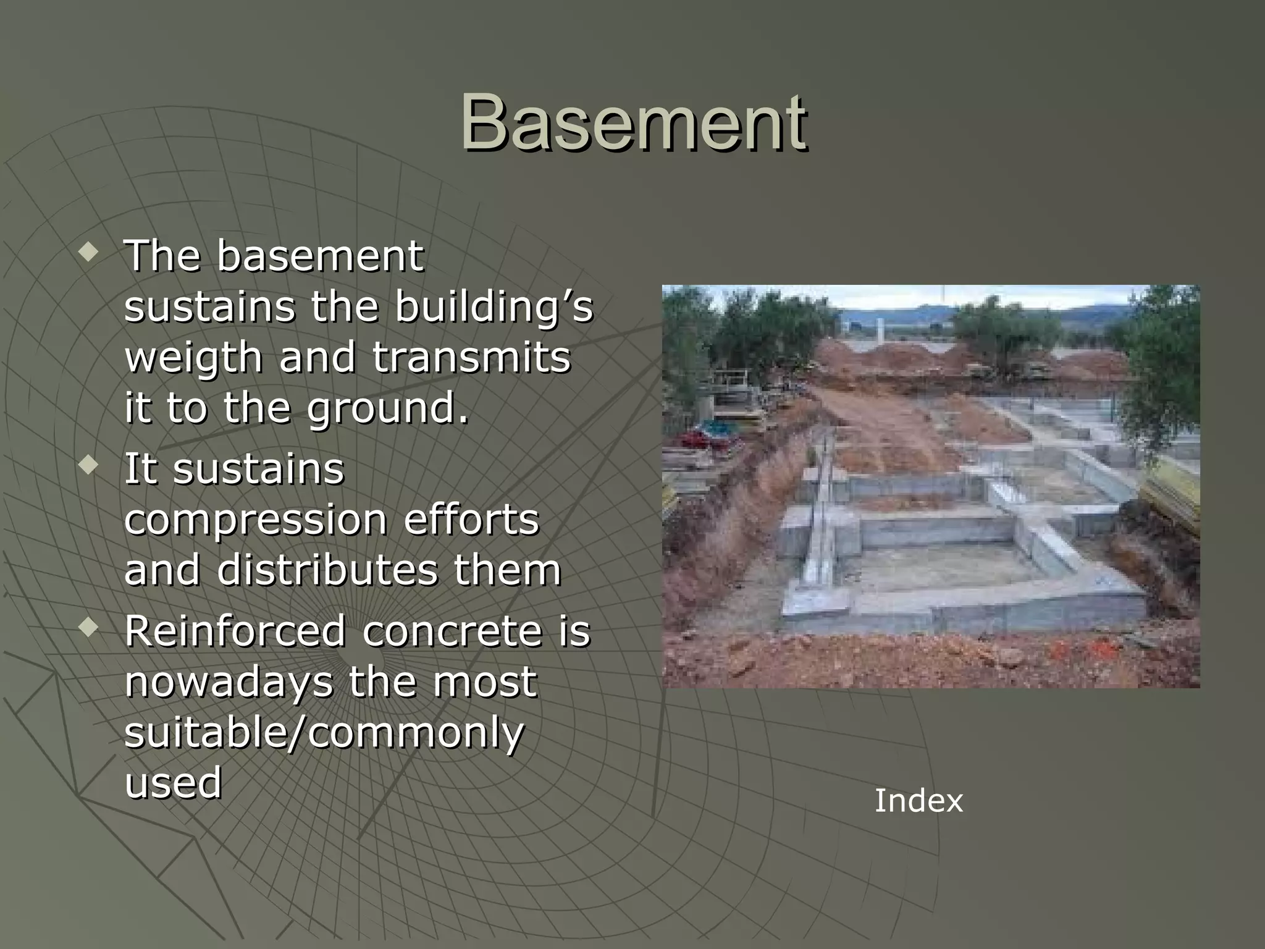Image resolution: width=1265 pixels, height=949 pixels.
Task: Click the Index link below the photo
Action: point(918,801)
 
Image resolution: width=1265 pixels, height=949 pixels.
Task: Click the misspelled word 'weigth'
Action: point(193,358)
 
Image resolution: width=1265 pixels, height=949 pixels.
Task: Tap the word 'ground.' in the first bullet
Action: point(388,409)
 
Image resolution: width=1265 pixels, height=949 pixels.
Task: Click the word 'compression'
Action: point(255,520)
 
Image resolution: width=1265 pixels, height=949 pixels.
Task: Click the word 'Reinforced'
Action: point(235,631)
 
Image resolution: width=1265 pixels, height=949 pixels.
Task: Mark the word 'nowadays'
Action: point(228,681)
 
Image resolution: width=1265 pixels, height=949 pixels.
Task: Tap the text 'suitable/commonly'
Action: point(324,733)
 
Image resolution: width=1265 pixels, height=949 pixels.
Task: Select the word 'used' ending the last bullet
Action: point(173,782)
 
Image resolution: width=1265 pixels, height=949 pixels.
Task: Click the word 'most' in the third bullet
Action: point(485,681)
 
